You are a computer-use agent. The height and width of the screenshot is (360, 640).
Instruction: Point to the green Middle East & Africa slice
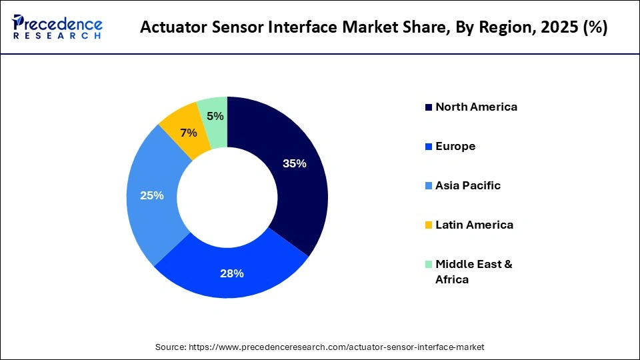pos(213,120)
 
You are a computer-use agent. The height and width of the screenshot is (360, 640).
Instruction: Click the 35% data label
pos(294,163)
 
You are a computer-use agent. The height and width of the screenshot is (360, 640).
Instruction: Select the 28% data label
pos(232,273)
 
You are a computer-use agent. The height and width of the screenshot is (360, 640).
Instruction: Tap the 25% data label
pos(151,196)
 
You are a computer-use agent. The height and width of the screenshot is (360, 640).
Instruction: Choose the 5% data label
pos(215,116)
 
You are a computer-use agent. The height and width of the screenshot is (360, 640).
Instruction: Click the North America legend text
pos(476,107)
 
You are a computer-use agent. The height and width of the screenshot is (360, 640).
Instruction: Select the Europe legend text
pos(455,146)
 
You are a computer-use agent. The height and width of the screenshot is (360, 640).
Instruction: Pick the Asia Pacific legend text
pos(467,185)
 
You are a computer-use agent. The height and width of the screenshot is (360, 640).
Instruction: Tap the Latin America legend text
pos(474,225)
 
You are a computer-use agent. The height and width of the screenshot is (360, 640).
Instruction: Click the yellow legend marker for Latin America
pos(429,225)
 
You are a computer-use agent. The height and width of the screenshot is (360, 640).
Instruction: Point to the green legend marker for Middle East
pos(429,265)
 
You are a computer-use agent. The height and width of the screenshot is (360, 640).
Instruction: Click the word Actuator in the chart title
pos(171,29)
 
